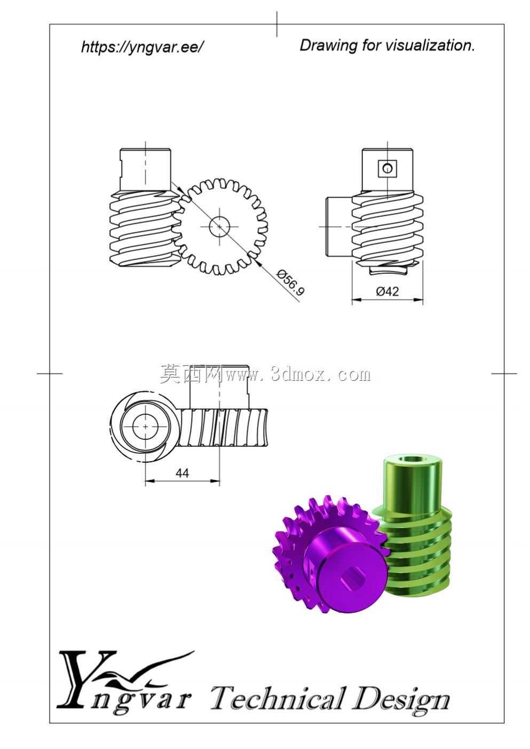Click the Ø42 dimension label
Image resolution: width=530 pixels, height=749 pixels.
387,291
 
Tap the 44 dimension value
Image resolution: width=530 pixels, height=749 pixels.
182,473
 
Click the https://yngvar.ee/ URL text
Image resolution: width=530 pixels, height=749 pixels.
142,47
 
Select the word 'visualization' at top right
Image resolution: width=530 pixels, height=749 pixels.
430,45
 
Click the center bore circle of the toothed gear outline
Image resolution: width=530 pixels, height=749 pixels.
219,226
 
